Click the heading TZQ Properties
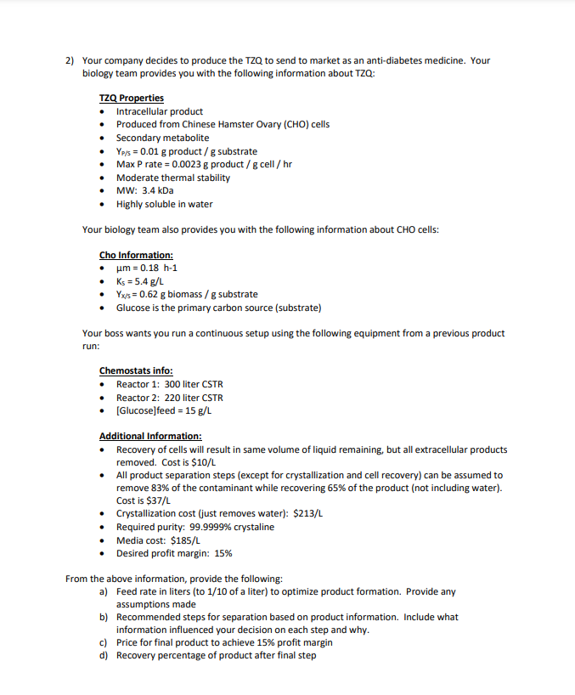[131, 98]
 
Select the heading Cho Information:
[136, 254]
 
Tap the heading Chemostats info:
[136, 370]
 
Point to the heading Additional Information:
[149, 436]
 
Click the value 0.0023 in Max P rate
[182, 164]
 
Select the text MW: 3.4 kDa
[144, 190]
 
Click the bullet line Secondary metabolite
[162, 138]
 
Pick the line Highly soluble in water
[164, 204]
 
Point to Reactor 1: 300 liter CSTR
[169, 384]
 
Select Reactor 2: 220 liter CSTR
[169, 398]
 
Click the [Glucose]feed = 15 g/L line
[163, 410]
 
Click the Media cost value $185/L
[187, 540]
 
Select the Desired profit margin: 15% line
[173, 553]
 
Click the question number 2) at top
[70, 60]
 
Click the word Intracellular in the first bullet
[142, 111]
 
